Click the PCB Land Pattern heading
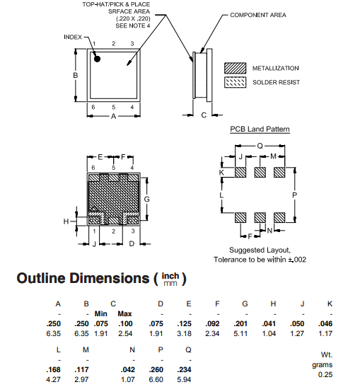tap(260, 129)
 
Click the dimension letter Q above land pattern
tap(260, 144)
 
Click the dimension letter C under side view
tap(203, 115)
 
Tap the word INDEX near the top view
tap(73, 36)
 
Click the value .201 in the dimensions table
tap(244, 324)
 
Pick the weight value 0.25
tap(326, 374)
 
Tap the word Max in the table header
tap(124, 313)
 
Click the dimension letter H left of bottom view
tap(66, 221)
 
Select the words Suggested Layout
tap(254, 250)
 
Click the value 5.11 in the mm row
tap(244, 334)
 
